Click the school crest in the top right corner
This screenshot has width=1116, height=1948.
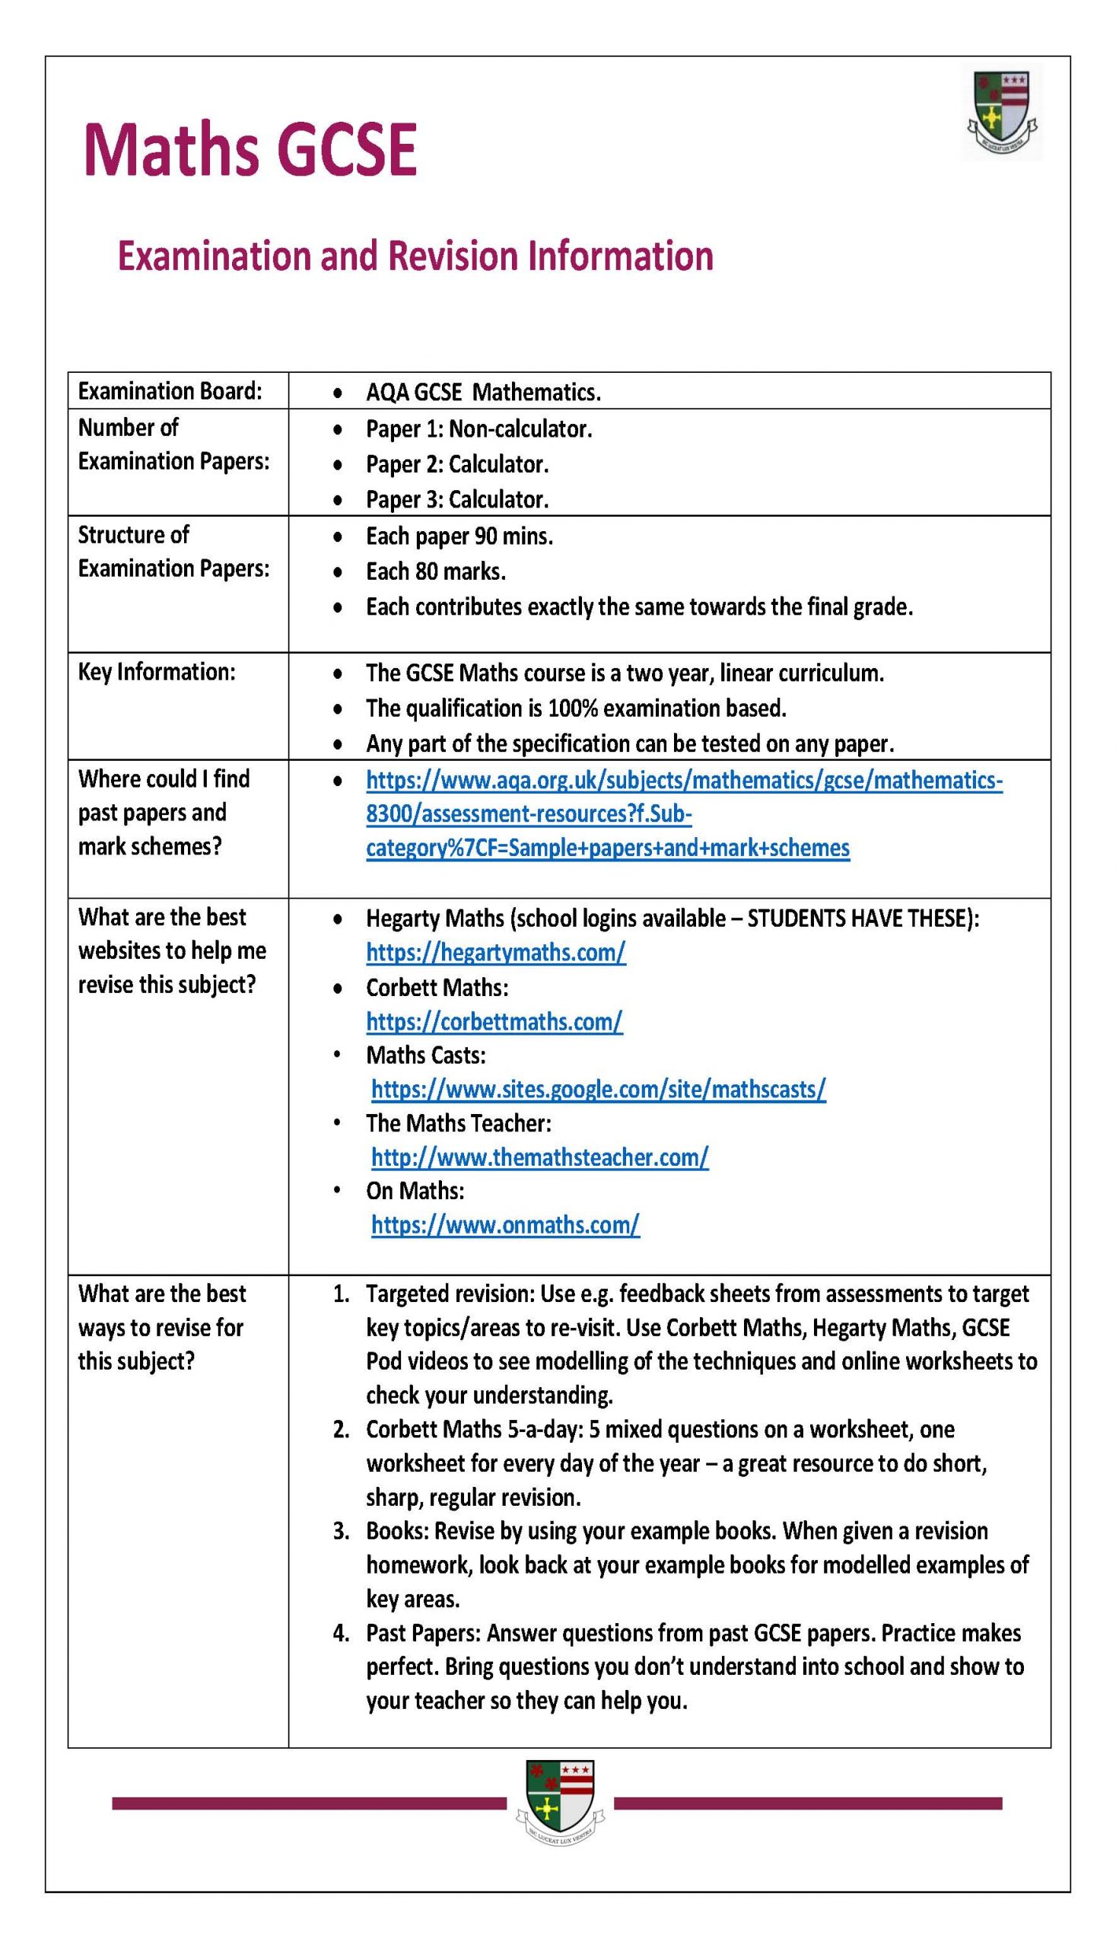[1003, 113]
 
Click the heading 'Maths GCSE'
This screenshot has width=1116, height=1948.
[250, 150]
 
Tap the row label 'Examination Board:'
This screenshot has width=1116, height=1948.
[170, 391]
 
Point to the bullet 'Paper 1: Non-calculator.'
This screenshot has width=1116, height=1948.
[479, 428]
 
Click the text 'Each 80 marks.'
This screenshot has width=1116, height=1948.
[435, 571]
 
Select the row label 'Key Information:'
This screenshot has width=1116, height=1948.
[157, 672]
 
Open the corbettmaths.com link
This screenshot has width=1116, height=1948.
[494, 1021]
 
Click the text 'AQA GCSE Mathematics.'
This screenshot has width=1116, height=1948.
[483, 393]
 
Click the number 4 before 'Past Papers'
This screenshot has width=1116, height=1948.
[340, 1634]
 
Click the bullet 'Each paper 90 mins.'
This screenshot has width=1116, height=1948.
[459, 536]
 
